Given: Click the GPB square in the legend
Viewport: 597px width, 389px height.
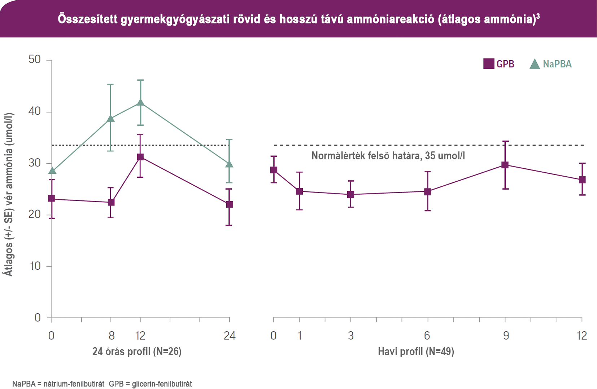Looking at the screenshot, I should pos(489,64).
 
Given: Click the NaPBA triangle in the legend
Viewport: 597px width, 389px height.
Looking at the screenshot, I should pos(535,64).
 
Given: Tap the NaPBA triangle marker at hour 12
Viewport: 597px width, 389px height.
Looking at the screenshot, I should pos(140,103).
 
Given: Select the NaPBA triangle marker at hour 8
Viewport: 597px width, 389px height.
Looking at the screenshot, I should pos(111,119).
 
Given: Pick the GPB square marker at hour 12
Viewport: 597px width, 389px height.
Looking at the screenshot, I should pos(140,157).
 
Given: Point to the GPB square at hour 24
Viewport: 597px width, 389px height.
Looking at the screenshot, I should pos(229,204).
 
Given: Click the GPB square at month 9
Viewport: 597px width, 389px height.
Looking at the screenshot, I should pos(505,165).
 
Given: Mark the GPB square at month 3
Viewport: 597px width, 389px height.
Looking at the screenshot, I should pos(350,195).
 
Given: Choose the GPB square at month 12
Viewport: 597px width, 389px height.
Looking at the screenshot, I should pos(582,180).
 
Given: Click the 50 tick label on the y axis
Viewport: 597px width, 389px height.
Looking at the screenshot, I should pos(35,59).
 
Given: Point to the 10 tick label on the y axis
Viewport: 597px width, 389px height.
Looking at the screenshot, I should pos(35,266).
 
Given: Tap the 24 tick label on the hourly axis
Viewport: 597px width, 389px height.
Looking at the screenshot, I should pos(230,336).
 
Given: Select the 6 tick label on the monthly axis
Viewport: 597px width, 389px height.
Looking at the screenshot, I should pos(427,336).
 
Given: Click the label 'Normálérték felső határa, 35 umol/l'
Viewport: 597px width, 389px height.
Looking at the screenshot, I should pos(388,156).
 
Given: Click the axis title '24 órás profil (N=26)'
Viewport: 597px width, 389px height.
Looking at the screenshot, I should pos(137,352).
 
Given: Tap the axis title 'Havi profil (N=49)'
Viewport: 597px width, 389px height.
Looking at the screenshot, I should pos(416,352).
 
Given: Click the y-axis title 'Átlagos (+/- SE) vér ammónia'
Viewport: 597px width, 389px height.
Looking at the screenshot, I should pos(9,195).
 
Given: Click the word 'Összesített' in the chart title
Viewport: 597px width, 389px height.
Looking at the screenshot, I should pos(88,19).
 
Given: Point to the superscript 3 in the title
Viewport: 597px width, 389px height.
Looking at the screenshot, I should pos(538,16).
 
